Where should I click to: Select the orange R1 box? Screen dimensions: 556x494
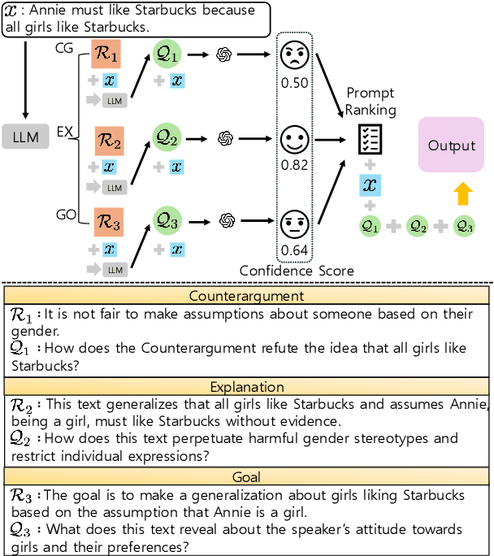tap(109, 58)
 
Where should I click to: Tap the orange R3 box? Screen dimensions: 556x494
tap(109, 220)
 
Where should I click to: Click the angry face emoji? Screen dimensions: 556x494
tap(296, 56)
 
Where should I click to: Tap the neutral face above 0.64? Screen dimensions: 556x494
tap(296, 223)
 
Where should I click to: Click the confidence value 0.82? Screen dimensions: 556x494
tap(296, 166)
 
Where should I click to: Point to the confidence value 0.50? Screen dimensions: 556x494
tap(296, 84)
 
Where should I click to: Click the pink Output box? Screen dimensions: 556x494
tap(451, 145)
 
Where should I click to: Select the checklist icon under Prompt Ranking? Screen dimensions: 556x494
tap(370, 141)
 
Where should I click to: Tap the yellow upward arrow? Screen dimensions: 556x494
tap(462, 193)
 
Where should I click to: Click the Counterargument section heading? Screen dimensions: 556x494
tap(246, 296)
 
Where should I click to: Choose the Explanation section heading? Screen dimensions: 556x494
tap(246, 387)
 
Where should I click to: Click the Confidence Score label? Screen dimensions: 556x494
tap(297, 269)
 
